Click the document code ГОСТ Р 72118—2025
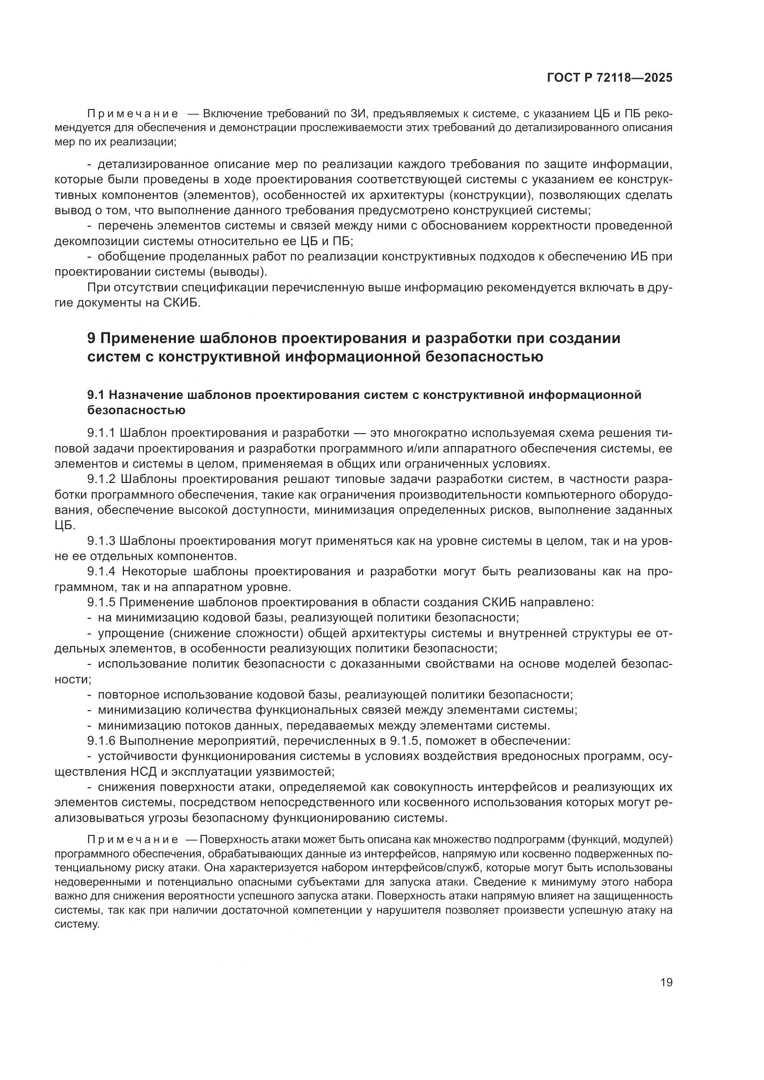point(610,78)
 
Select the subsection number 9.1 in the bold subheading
point(97,395)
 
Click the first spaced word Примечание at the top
point(133,114)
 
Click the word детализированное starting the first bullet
point(153,164)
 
